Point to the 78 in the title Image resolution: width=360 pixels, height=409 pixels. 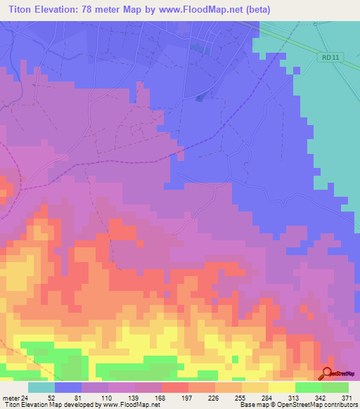click(92, 9)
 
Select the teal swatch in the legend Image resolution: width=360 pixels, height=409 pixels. click(41, 387)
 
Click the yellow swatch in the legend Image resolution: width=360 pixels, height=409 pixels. click(281, 387)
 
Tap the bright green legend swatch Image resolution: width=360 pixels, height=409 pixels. click(308, 387)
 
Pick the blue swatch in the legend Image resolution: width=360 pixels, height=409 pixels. click(68, 387)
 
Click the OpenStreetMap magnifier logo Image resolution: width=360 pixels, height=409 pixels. click(328, 373)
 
